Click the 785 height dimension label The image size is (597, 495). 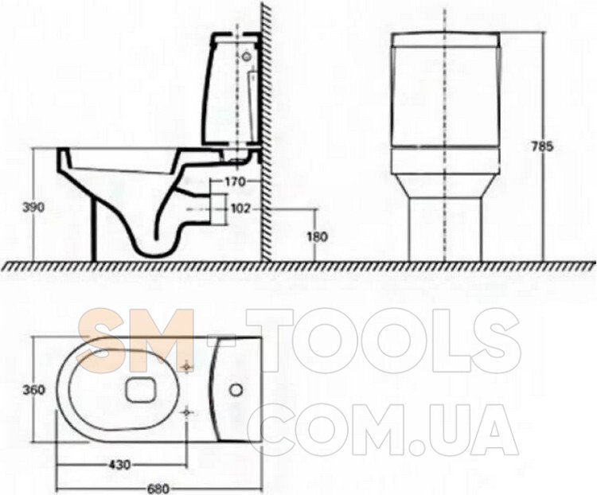coord(542,147)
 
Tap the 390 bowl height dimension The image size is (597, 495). coord(33,207)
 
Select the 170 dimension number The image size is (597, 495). coord(236,182)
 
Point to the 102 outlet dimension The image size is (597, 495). coord(240,209)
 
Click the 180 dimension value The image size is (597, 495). coord(317,237)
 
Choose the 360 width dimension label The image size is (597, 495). coord(33,390)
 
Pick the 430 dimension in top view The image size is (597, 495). coord(119,465)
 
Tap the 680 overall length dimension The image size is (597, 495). coord(158,489)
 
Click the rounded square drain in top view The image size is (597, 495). coord(140,389)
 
